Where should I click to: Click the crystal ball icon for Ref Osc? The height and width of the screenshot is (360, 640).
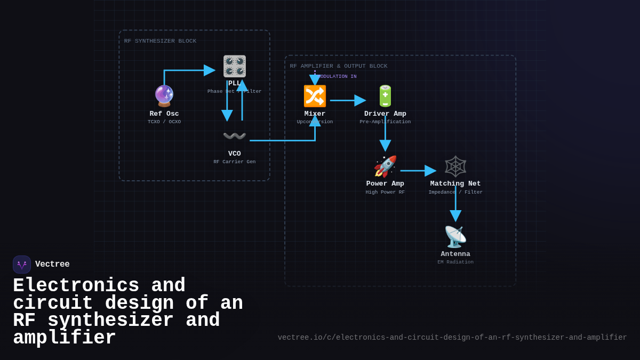coord(164,96)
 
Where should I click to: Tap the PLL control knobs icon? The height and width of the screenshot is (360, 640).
coord(235,66)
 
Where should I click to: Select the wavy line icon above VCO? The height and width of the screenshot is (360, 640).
coord(235,136)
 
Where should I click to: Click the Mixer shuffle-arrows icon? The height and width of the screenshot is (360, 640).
coord(315,96)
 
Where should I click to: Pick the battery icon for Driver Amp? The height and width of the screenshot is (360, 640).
coord(385,96)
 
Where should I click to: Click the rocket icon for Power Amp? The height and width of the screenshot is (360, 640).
coord(385,166)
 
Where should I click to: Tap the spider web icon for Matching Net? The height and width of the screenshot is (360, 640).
coord(455,166)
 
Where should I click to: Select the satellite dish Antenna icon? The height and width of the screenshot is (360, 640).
coord(455,237)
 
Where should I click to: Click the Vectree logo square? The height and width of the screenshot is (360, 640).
coord(22,265)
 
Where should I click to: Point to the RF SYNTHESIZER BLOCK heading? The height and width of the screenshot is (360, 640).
coord(160,41)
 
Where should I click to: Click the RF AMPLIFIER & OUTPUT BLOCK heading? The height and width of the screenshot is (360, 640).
coord(339,66)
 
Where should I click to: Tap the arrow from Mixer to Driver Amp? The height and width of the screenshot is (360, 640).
coord(347,100)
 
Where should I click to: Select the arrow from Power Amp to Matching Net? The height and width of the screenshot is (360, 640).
coord(418,171)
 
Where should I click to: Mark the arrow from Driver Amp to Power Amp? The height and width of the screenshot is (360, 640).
coord(385,136)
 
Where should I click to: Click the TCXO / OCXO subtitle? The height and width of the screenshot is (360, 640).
coord(164,122)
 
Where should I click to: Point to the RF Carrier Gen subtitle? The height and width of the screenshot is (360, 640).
coord(235,162)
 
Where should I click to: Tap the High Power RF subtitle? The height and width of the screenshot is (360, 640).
coord(385,193)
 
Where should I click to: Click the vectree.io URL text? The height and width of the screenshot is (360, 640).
coord(452,338)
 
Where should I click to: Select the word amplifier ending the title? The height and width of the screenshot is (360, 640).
coord(65,338)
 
